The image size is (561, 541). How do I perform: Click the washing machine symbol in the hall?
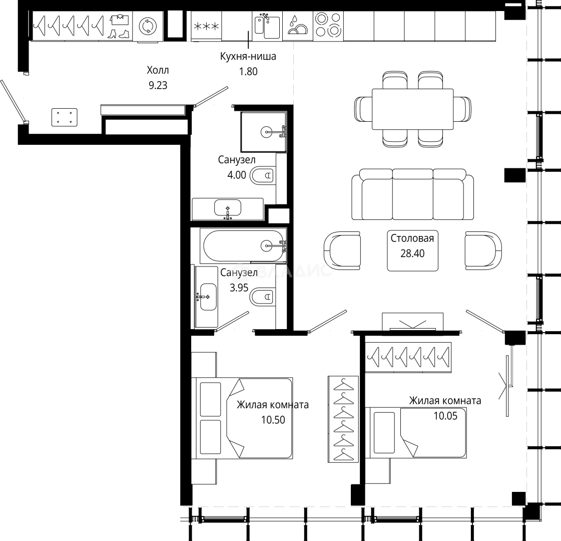148,26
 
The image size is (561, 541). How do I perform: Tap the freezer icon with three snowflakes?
206,26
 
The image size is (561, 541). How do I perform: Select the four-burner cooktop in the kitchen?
328,26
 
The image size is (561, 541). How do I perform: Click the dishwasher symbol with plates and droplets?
298,26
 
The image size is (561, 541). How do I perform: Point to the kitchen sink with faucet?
267,26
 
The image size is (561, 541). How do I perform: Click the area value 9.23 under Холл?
158,85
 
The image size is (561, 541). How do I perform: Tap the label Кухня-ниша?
248,56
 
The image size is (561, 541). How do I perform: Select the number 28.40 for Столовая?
412,253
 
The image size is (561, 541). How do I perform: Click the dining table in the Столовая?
412,109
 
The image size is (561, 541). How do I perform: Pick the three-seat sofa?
412,194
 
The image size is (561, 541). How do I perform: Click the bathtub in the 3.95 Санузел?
243,245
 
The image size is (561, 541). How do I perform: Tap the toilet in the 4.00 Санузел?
263,175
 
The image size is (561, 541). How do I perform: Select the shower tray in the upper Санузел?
264,132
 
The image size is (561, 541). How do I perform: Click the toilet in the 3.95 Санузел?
263,297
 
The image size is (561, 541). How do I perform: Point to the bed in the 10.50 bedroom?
242,418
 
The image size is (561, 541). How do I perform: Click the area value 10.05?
445,416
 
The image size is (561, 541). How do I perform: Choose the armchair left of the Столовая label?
342,250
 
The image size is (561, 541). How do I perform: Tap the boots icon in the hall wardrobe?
119,34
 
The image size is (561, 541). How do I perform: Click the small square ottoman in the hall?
65,117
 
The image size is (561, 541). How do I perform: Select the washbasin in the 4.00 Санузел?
228,209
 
